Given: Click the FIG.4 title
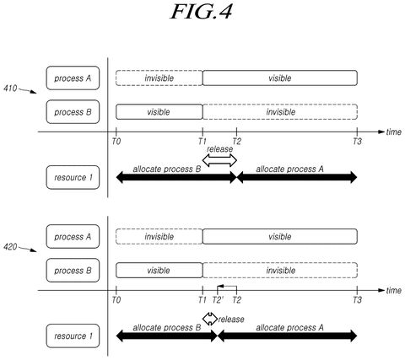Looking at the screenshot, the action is (x=202, y=12).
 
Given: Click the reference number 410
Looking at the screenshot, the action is (x=10, y=89).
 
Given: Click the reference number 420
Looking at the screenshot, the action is (x=10, y=247).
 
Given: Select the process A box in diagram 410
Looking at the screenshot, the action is (x=73, y=78).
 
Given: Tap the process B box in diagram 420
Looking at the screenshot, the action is (x=73, y=271).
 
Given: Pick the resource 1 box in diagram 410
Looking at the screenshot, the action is (x=73, y=177).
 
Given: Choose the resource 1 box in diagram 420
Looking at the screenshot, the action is (x=73, y=336).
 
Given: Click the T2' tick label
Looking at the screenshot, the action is (x=219, y=300).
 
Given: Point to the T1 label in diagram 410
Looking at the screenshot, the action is (x=202, y=142).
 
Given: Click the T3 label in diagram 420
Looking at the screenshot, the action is (x=357, y=300).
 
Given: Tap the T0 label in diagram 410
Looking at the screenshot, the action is (x=116, y=142).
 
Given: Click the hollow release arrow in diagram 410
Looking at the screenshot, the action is (x=219, y=161).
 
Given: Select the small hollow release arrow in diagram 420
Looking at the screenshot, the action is (x=210, y=319).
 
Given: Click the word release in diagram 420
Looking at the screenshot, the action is (x=231, y=320).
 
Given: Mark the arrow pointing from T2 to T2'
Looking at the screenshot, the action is (x=227, y=287).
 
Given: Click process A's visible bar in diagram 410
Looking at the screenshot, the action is (x=280, y=78).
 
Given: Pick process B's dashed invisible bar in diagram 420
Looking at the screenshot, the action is (x=280, y=270).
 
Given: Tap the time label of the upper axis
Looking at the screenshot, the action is (x=394, y=132).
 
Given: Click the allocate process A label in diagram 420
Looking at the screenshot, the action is (x=289, y=327).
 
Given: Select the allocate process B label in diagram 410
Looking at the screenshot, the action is (x=167, y=169).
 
